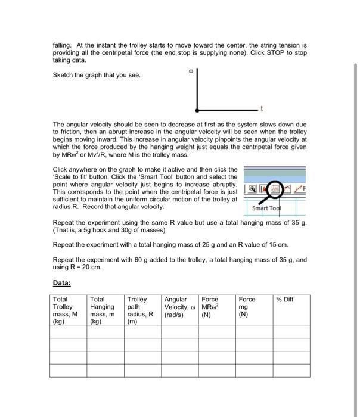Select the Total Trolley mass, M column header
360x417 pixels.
[67, 310]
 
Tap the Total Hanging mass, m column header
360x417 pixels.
[105, 310]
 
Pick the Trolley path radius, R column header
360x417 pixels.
[142, 310]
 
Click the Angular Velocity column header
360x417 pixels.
[179, 306]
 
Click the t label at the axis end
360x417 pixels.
[260, 111]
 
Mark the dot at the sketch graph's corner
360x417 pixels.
[196, 111]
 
